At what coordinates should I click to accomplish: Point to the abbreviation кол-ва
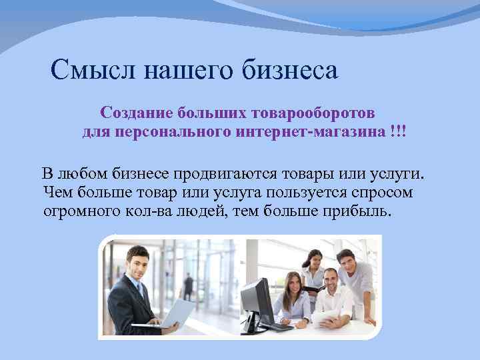pos(157,211)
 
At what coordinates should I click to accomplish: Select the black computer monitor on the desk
pos(257,299)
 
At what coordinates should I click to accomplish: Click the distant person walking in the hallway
pos(189,286)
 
